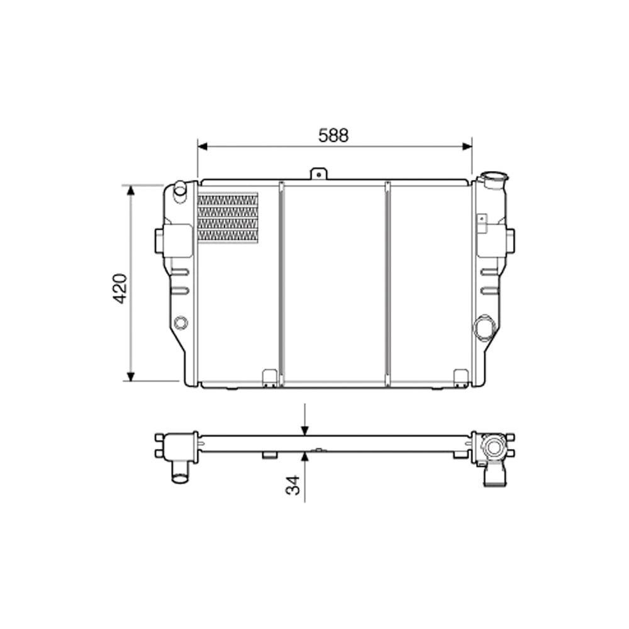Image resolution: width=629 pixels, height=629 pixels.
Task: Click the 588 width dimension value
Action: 333,135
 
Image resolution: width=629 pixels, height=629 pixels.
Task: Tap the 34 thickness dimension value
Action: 294,485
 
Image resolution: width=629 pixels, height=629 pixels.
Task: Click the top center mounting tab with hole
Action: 319,173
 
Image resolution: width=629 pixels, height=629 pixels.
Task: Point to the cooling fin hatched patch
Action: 228,218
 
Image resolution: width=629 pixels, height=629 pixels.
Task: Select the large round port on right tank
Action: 484,327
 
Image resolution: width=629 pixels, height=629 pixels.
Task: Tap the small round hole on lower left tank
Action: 181,323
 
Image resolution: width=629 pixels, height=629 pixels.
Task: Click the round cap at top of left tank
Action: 180,188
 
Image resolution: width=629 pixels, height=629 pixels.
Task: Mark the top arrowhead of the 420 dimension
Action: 131,191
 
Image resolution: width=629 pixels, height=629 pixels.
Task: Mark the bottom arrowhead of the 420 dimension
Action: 131,376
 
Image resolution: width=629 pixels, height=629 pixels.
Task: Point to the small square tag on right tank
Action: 481,218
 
